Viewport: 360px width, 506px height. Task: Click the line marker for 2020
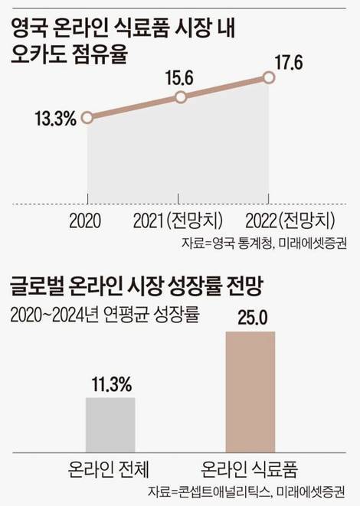(87, 118)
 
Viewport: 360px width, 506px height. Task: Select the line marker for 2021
(181, 97)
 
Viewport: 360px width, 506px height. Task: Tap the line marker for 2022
(268, 77)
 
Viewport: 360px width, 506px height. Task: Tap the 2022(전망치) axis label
(290, 223)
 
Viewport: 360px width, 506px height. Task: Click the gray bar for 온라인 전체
(109, 424)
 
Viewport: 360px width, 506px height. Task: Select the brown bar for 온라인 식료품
(250, 392)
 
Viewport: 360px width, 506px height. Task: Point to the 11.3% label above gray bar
(109, 384)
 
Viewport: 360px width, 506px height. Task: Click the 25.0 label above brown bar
(250, 318)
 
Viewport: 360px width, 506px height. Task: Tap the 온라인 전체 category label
(109, 465)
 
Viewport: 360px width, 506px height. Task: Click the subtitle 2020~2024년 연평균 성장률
(103, 315)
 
